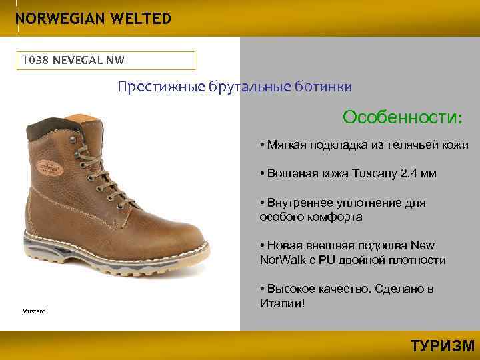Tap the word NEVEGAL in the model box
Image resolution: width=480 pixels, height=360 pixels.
[x=75, y=60]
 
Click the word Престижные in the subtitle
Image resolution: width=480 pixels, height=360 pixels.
[x=154, y=87]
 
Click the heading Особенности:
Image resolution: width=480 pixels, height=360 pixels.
[x=401, y=117]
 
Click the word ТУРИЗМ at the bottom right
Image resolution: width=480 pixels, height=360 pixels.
[x=442, y=346]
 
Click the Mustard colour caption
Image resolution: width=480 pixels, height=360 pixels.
[x=33, y=311]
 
